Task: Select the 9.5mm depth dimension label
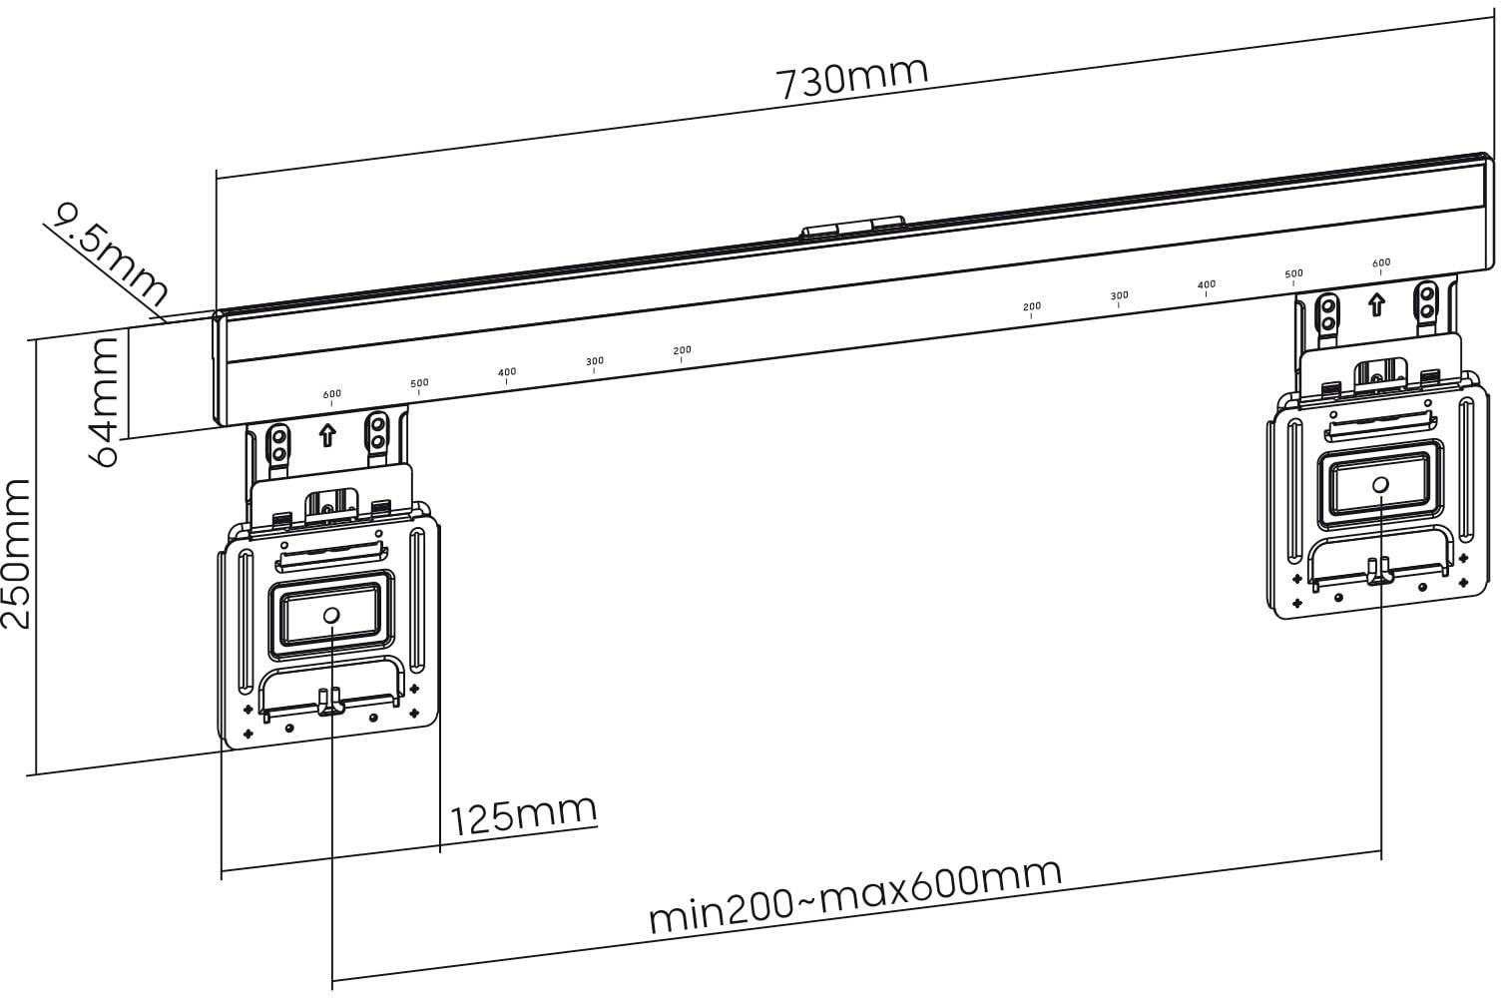point(108,254)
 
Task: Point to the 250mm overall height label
point(18,553)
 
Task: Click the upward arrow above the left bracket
point(326,436)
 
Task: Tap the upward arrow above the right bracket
point(1377,303)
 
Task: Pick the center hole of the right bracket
point(1379,485)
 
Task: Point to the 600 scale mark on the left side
point(331,394)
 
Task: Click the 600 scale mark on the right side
point(1380,263)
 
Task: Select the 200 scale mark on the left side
point(682,351)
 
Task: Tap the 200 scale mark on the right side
point(1032,307)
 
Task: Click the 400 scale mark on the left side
point(507,373)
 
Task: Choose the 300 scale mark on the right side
point(1119,296)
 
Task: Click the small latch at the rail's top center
point(852,229)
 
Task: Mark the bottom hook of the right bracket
point(1379,572)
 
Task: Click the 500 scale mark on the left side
point(419,383)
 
